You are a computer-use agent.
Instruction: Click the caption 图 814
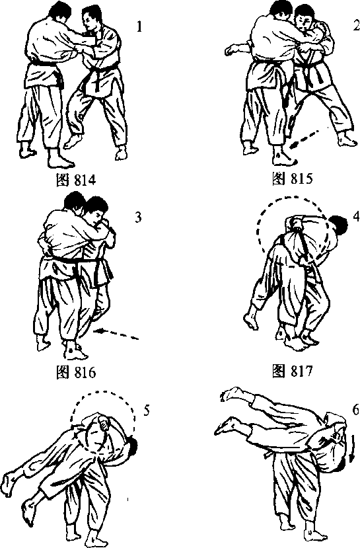click(76, 180)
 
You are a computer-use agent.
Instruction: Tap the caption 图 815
click(292, 178)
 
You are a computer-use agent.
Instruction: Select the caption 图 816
click(76, 373)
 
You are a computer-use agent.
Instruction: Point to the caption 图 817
click(292, 371)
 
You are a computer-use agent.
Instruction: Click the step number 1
click(139, 26)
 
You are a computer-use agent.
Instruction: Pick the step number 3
click(138, 217)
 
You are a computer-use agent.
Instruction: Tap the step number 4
click(356, 217)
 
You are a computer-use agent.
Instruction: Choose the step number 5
click(147, 411)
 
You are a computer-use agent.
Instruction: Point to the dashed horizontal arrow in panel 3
click(116, 334)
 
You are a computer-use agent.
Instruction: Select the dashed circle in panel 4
click(258, 231)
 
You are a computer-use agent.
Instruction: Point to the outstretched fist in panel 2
click(230, 50)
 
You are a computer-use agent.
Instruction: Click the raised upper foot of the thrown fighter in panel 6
click(232, 394)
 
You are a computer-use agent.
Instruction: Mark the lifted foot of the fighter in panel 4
click(252, 321)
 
